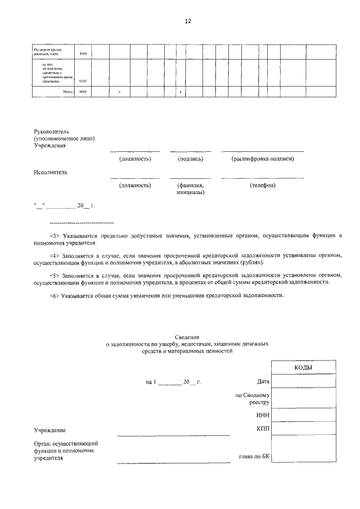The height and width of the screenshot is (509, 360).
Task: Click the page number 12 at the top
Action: [x=188, y=21]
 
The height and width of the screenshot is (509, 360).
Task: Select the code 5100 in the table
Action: [x=82, y=81]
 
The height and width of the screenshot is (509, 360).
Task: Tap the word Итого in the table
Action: [x=69, y=91]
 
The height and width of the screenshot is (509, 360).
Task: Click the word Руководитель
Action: [x=51, y=131]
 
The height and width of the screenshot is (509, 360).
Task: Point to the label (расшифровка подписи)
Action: [x=263, y=159]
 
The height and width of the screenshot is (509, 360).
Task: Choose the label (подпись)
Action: [x=190, y=159]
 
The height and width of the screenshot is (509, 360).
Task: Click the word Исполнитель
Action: [x=50, y=172]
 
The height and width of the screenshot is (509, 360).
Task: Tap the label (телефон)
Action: [x=263, y=185]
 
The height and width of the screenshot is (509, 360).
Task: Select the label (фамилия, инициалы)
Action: [x=190, y=188]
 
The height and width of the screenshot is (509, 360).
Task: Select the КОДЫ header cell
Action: [x=304, y=367]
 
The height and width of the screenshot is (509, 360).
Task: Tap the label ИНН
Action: [x=262, y=416]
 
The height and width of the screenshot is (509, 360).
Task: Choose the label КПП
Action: [x=262, y=430]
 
